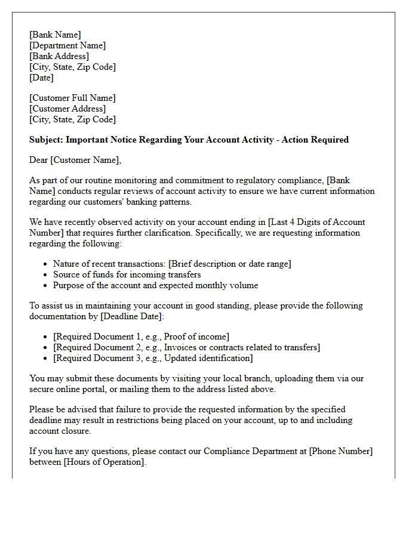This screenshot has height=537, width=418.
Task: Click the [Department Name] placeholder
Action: coord(67,45)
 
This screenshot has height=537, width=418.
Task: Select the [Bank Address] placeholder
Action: coord(59,56)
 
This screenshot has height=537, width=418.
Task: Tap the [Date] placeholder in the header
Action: coord(41,78)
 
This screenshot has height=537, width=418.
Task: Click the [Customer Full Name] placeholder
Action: coord(72,98)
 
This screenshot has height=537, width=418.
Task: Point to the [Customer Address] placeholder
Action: coord(67,109)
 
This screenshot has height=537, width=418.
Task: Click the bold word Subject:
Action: coord(46,140)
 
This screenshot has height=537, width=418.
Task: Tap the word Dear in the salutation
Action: coord(39,160)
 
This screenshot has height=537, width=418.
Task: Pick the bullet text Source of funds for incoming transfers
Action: coord(127,274)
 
